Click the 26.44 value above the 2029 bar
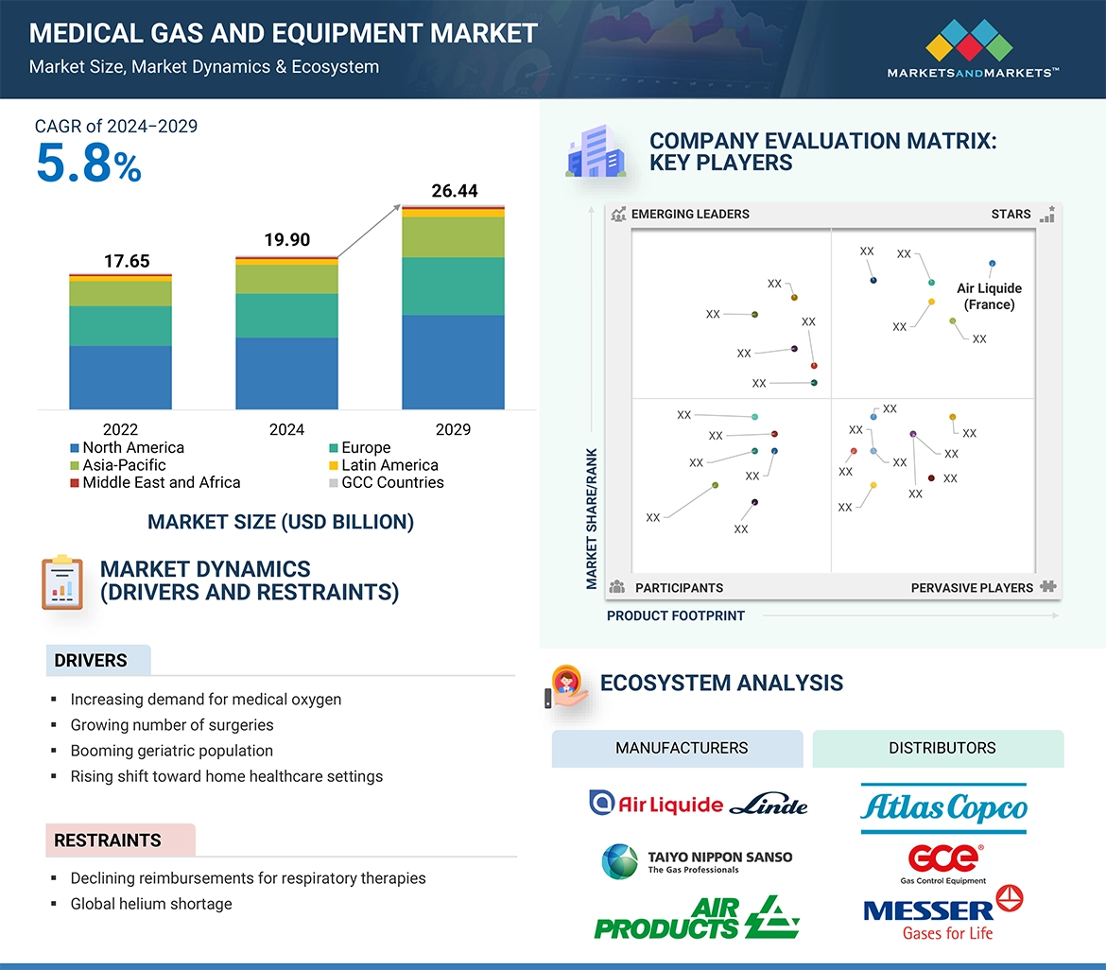(x=454, y=191)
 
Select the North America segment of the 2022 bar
(x=120, y=376)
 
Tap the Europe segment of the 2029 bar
(x=453, y=286)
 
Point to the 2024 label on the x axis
(x=286, y=429)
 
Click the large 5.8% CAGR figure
(x=89, y=164)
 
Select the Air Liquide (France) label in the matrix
(x=989, y=296)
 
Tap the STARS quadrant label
(x=1011, y=214)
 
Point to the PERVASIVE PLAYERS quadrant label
(x=972, y=587)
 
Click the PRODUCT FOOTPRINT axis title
(x=676, y=615)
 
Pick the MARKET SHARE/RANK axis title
(x=592, y=518)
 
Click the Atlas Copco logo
(x=943, y=807)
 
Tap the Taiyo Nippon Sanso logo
(x=698, y=860)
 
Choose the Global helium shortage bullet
(x=151, y=904)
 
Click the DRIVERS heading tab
(x=91, y=661)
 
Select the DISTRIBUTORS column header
(x=942, y=748)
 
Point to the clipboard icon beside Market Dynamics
(x=62, y=581)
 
